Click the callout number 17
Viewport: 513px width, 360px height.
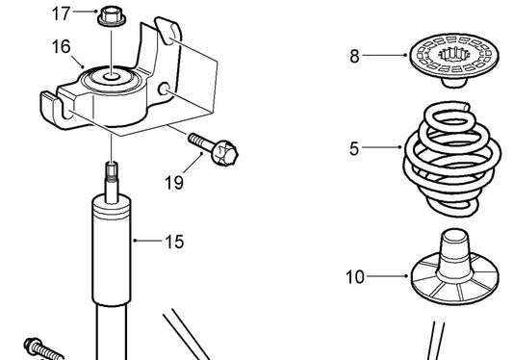click(61, 13)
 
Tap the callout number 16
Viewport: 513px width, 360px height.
click(61, 46)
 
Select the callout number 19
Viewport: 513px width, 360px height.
click(174, 183)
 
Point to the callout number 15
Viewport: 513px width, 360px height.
click(174, 243)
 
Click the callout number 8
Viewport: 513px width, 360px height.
click(354, 56)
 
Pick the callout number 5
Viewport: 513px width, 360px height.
click(354, 148)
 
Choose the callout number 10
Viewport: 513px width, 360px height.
click(355, 277)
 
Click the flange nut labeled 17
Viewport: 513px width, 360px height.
click(112, 17)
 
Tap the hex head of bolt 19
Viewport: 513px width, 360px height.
click(225, 153)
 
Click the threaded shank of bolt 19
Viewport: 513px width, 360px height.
click(200, 141)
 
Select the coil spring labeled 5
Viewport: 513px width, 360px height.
click(452, 159)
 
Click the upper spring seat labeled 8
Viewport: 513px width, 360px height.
click(454, 60)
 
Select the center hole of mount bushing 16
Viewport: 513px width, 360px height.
click(112, 77)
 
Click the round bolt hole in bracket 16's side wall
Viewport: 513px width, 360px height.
click(164, 89)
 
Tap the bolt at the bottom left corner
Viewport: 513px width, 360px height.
click(43, 350)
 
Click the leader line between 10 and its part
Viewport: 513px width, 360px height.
click(387, 276)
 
